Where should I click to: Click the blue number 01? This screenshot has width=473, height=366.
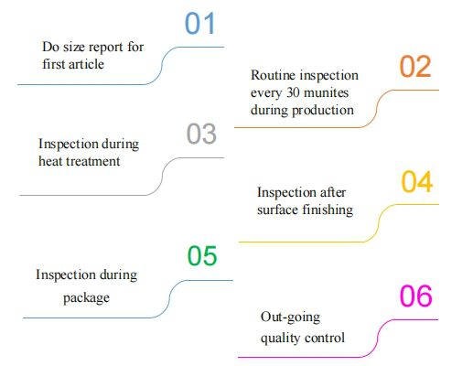[x=200, y=23]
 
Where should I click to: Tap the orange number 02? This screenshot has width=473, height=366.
[x=415, y=67]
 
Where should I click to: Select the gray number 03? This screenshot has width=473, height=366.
[x=201, y=134]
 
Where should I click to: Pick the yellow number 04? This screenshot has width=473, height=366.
[x=417, y=182]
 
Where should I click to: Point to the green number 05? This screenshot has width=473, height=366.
[x=202, y=255]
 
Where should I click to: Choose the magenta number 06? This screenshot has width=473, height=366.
[x=416, y=296]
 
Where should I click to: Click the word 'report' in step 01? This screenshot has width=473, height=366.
[x=106, y=48]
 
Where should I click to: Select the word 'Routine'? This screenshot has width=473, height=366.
[x=269, y=75]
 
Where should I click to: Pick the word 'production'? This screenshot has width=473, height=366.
[x=323, y=111]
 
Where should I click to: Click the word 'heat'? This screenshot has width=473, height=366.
[x=50, y=161]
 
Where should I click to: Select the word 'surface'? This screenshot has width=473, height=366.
[x=277, y=210]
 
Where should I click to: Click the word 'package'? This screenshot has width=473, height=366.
[x=86, y=298]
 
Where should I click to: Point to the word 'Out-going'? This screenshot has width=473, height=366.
[x=290, y=318]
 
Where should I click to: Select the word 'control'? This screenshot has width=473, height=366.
[x=325, y=338]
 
